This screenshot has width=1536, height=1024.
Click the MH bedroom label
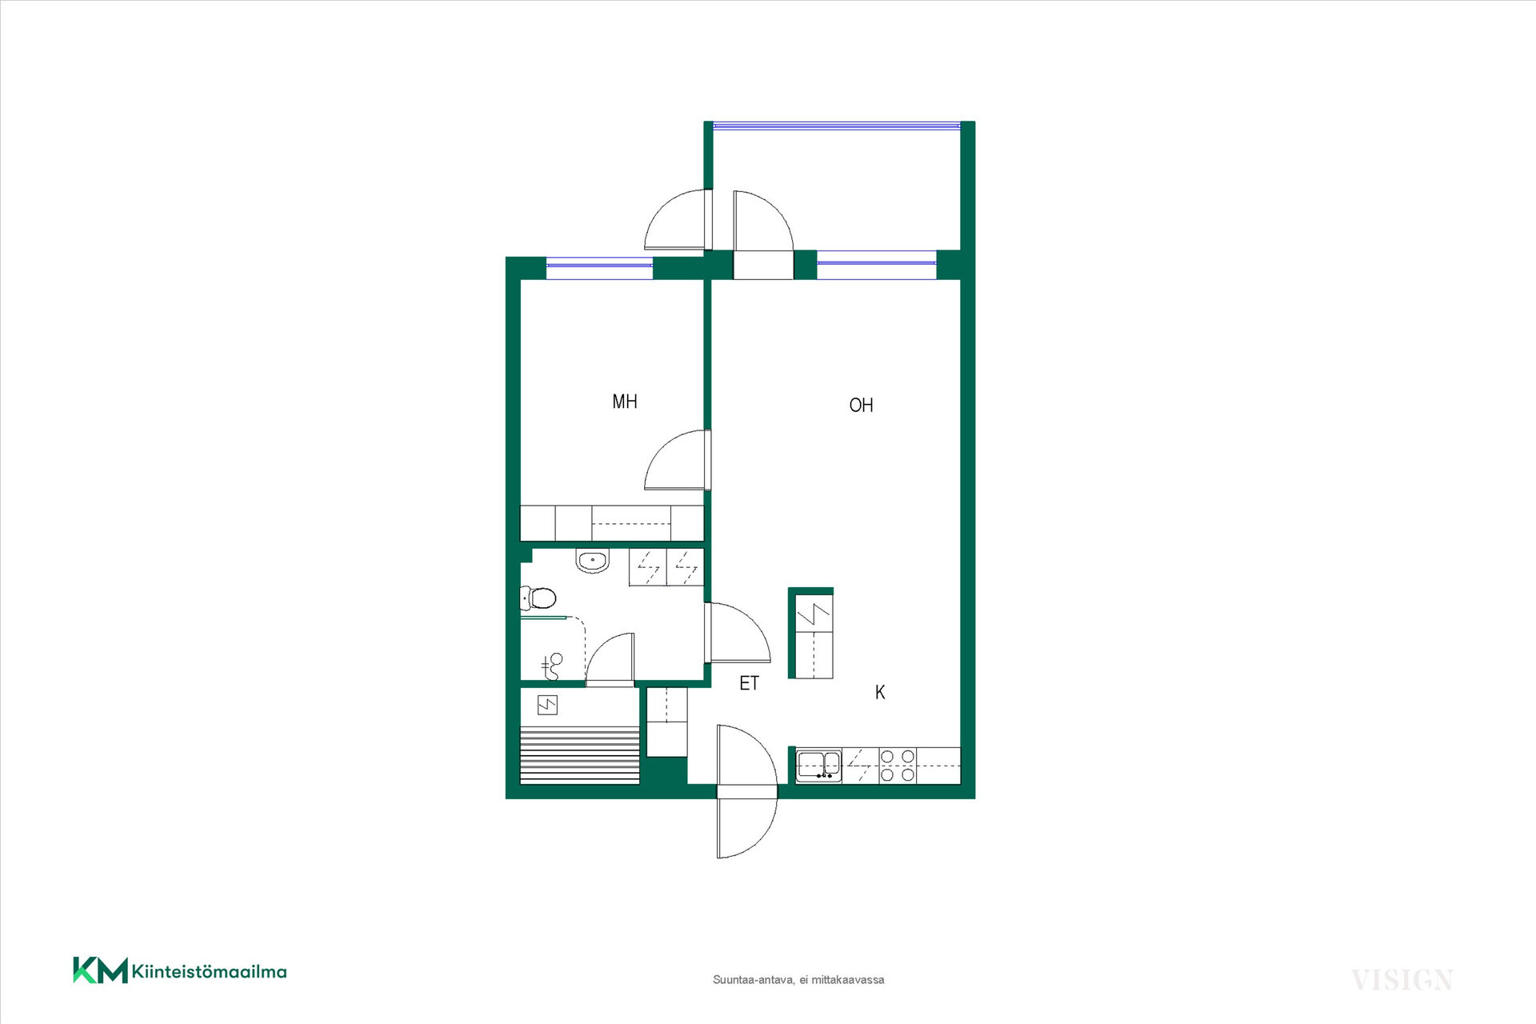point(625,402)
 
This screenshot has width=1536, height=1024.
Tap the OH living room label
point(861,406)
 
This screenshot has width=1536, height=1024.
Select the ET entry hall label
point(749,683)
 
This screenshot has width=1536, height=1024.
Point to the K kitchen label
point(880,692)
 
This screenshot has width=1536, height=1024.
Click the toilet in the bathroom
point(538,598)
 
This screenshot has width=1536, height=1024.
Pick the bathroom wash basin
point(593,560)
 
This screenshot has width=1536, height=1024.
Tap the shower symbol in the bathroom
point(552,666)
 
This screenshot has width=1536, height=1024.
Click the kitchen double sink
point(819,766)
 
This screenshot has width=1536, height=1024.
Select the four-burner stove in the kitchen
point(898,766)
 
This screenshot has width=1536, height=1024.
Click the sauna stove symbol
point(547,705)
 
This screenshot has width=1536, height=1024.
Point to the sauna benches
point(580,754)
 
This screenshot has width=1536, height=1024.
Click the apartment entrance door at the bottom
point(747,791)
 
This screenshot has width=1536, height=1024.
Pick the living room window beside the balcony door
point(876,263)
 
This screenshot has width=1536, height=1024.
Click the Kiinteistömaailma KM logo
point(180,970)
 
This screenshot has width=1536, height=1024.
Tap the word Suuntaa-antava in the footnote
point(753,980)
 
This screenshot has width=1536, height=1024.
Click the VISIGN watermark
point(1402,980)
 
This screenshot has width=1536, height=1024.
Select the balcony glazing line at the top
point(837,126)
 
